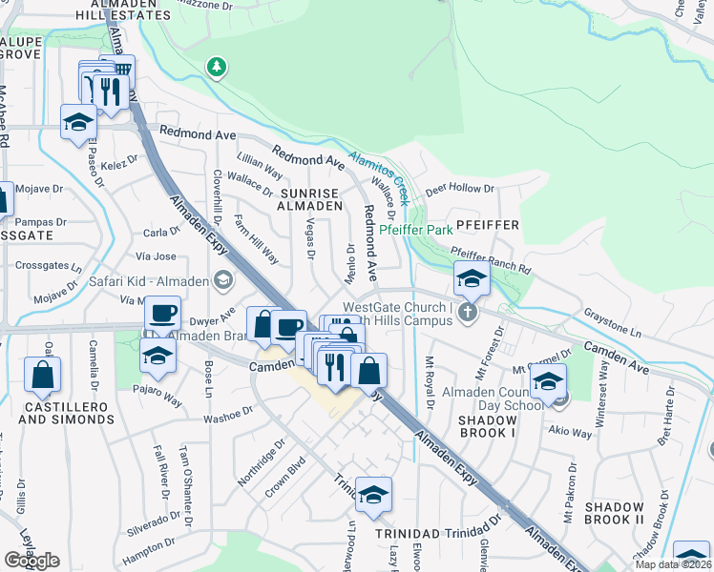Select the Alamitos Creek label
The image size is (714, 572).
point(379,173)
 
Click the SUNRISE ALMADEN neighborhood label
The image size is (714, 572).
point(309,197)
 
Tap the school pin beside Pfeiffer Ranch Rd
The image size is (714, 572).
point(472,280)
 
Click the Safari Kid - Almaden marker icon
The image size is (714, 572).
point(223,279)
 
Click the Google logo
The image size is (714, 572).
point(31,561)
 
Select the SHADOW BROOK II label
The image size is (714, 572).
point(614,513)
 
